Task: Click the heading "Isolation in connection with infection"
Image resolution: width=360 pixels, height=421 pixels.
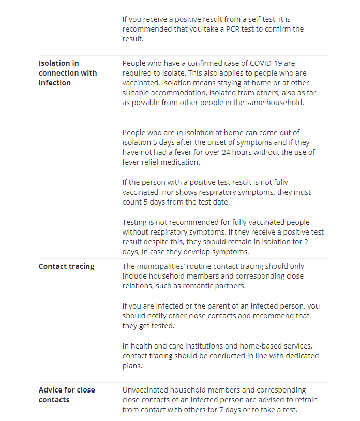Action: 67,73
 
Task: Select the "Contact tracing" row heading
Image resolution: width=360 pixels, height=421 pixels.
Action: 66,266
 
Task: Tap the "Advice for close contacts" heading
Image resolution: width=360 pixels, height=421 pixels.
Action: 67,395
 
